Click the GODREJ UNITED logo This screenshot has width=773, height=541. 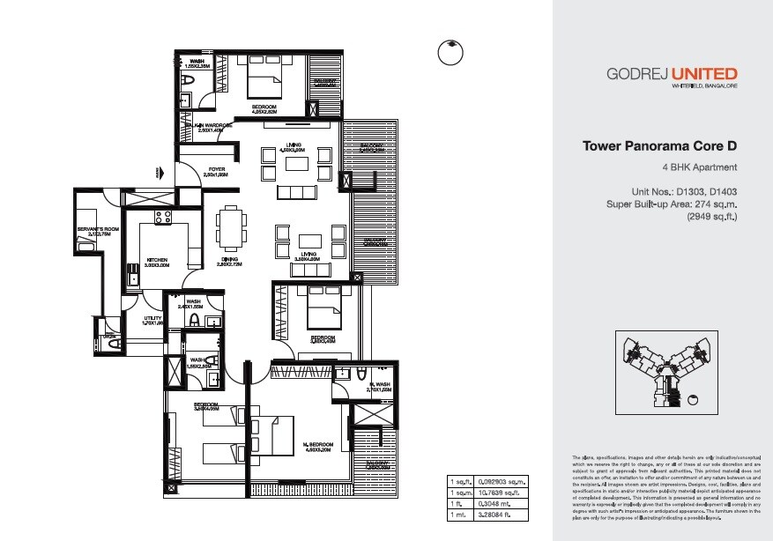672,74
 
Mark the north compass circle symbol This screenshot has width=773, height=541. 451,52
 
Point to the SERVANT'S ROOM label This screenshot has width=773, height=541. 93,232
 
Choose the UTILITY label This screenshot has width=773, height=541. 153,319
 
